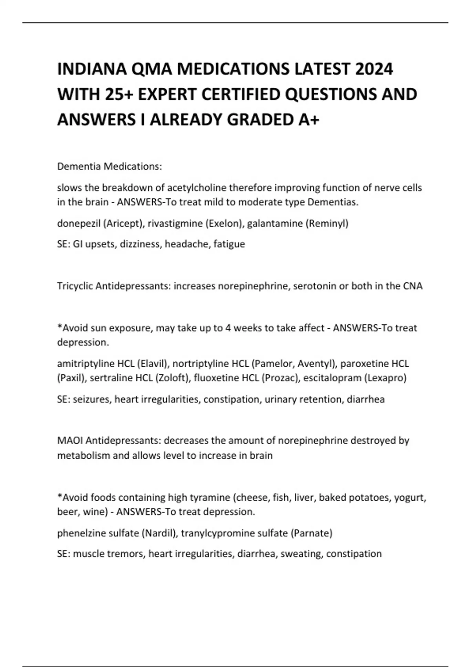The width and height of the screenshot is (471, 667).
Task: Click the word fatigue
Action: (229, 244)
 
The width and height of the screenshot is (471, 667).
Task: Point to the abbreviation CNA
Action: (413, 286)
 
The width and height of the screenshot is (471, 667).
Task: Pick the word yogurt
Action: (410, 498)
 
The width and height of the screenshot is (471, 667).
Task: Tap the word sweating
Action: (301, 554)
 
